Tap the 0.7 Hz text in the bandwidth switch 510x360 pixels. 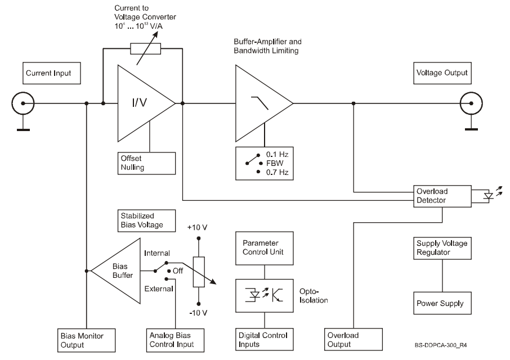click(277, 172)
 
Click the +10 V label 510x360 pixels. click(197, 227)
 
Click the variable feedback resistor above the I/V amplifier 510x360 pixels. click(145, 49)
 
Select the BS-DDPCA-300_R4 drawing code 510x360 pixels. click(441, 345)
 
